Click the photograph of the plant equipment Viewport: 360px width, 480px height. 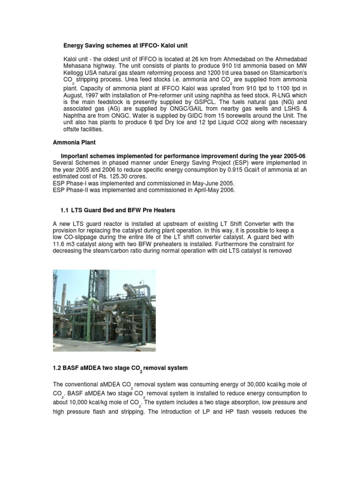point(104,310)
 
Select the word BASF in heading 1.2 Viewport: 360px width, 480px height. point(72,368)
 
